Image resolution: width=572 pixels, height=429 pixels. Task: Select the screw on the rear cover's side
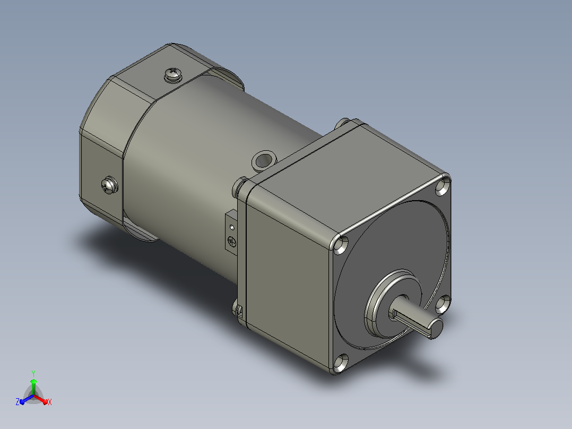click(x=109, y=185)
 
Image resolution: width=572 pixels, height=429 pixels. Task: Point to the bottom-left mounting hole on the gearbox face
click(x=340, y=363)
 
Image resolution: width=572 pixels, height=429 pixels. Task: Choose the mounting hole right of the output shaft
click(x=443, y=304)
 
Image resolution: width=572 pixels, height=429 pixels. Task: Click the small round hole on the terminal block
click(x=232, y=227)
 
